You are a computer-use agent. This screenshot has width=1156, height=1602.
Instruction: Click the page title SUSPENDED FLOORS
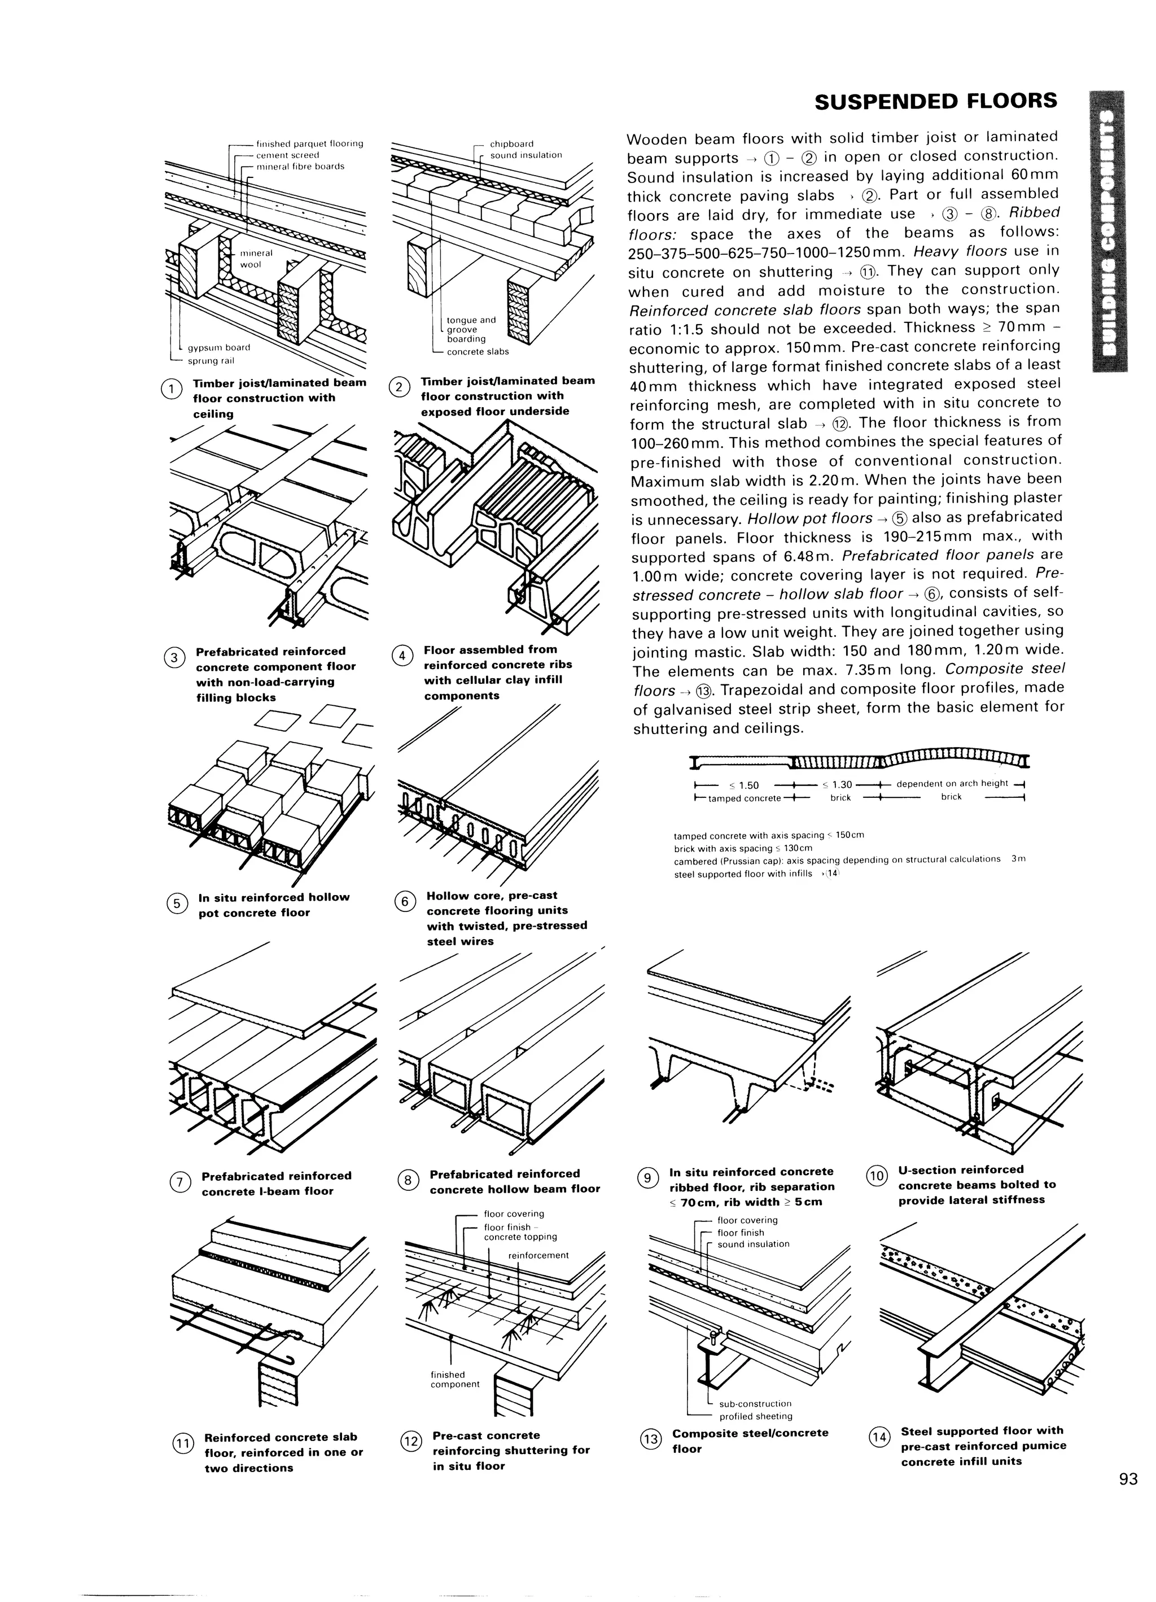tap(936, 102)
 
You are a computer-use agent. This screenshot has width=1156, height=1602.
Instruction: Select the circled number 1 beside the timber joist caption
tap(172, 389)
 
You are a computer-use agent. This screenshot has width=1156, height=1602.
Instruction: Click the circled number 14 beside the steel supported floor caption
tap(879, 1438)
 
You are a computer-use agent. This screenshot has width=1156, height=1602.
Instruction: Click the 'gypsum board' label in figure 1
tap(218, 347)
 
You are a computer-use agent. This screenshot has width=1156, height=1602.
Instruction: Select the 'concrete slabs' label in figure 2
tap(478, 352)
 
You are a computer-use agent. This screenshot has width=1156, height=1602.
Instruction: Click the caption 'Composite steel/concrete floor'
tap(750, 1441)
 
